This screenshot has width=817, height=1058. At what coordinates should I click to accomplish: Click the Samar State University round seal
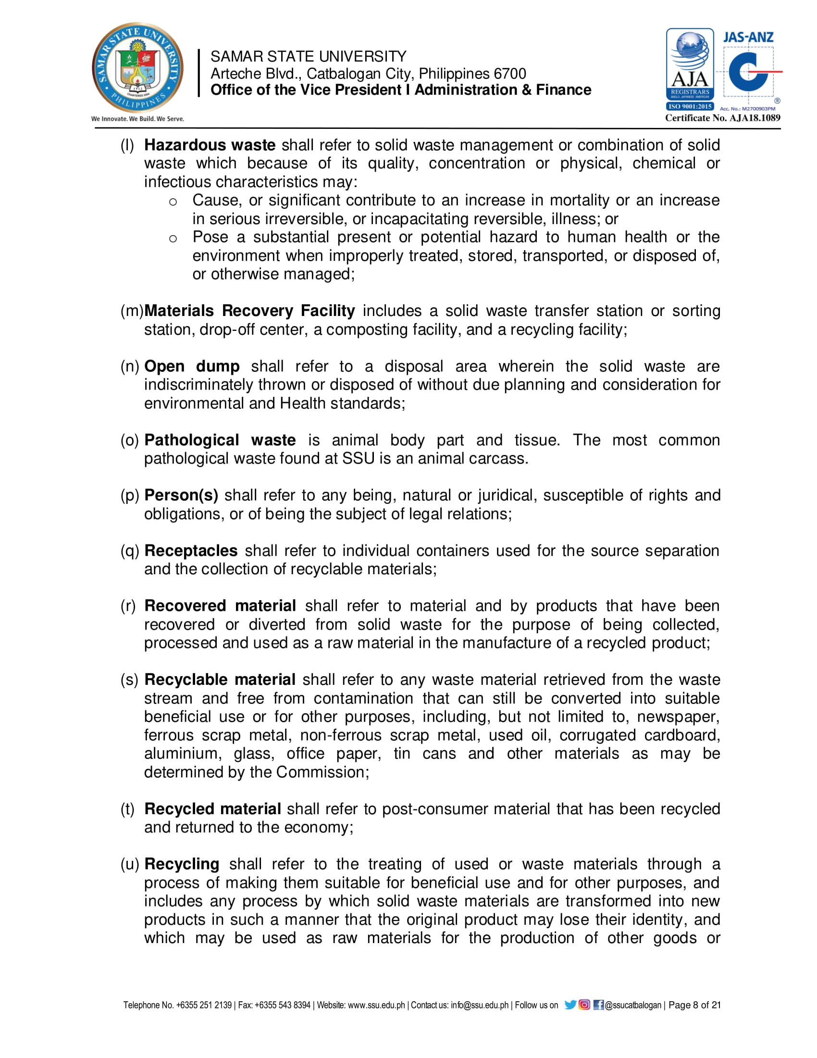138,68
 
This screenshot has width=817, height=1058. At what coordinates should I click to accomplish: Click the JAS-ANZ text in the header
748,38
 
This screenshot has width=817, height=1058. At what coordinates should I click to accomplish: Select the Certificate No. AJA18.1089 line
722,118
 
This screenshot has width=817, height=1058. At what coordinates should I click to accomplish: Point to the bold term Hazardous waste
210,145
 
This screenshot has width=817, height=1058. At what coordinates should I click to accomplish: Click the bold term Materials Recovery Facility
250,311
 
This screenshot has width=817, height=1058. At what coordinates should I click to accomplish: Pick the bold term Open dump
192,366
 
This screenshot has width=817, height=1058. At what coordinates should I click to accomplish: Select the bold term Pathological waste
220,440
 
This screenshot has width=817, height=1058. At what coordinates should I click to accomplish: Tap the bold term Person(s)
181,495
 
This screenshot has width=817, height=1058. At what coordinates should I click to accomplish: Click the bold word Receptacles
191,550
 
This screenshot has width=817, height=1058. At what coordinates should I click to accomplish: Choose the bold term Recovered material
220,605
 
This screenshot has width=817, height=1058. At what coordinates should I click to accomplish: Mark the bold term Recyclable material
220,680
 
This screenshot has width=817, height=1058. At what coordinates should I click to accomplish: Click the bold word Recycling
182,864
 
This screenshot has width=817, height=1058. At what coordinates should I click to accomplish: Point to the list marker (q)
130,551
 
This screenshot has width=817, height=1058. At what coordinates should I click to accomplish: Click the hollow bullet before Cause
173,202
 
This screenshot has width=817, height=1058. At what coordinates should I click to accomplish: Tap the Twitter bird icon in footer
570,1005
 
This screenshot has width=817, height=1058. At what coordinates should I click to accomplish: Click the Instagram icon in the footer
584,1005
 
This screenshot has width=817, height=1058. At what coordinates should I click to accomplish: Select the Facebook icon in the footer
598,1005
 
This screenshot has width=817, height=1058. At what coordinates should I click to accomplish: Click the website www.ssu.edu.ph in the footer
376,1005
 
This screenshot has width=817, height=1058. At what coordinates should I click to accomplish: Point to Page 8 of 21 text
694,1005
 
